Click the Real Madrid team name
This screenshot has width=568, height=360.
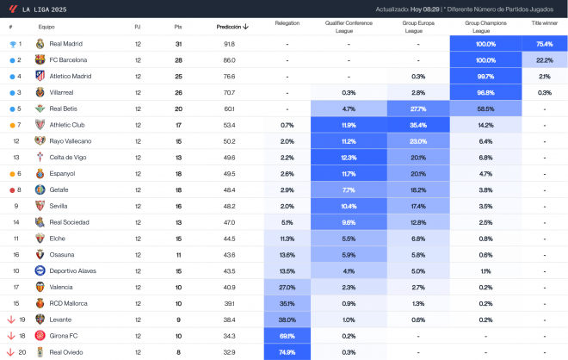pos(66,44)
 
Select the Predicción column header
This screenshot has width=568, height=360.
pos(232,27)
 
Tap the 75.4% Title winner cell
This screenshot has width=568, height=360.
pos(544,44)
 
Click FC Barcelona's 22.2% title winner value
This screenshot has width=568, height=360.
pos(544,60)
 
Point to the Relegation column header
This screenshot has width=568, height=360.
pos(287,23)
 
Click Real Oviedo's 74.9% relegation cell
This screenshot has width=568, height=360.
pos(287,352)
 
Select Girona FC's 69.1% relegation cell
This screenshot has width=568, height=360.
pos(287,336)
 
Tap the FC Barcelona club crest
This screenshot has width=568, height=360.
pos(40,60)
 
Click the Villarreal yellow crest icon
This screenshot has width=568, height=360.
pos(40,92)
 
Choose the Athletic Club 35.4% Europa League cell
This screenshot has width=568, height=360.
pos(418,125)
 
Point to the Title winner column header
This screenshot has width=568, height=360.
pos(544,23)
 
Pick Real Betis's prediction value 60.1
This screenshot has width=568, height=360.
pos(229,109)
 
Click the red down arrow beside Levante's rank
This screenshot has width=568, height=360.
pos(10,320)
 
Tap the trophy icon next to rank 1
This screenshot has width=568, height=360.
pos(11,44)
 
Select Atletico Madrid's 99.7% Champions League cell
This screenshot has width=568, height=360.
pos(485,77)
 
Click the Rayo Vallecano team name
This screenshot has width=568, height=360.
pos(69,141)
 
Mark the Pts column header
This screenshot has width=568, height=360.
pos(178,27)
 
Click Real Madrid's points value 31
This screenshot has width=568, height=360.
pos(178,44)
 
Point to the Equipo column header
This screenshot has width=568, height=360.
pos(46,27)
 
